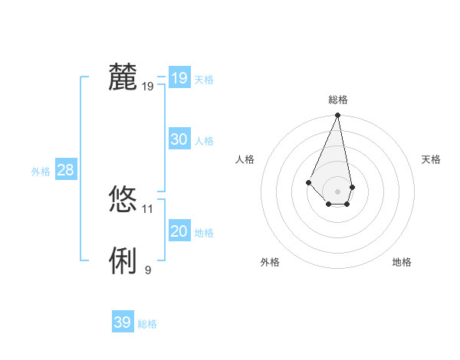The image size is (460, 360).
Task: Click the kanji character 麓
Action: click(123, 77)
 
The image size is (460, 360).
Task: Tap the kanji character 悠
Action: click(123, 200)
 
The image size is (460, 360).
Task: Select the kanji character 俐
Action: click(123, 261)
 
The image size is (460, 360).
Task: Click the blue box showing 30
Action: click(179, 139)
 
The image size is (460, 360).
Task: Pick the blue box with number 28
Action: click(65, 170)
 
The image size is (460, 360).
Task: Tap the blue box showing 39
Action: click(122, 322)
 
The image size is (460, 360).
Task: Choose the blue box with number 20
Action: click(179, 231)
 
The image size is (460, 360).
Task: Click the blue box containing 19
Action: click(179, 77)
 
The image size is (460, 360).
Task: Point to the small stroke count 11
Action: click(148, 208)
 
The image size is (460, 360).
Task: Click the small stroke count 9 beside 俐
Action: click(148, 270)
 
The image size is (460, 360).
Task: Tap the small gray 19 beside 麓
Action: click(148, 86)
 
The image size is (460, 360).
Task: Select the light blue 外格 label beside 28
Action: click(41, 172)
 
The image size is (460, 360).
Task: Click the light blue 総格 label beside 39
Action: click(147, 324)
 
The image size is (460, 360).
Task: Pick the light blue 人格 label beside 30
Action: click(204, 141)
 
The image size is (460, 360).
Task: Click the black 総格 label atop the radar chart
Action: click(338, 100)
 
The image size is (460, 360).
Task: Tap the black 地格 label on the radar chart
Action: click(402, 262)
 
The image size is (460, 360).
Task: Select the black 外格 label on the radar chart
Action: click(270, 262)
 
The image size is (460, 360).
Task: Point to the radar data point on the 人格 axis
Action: click(308, 182)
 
